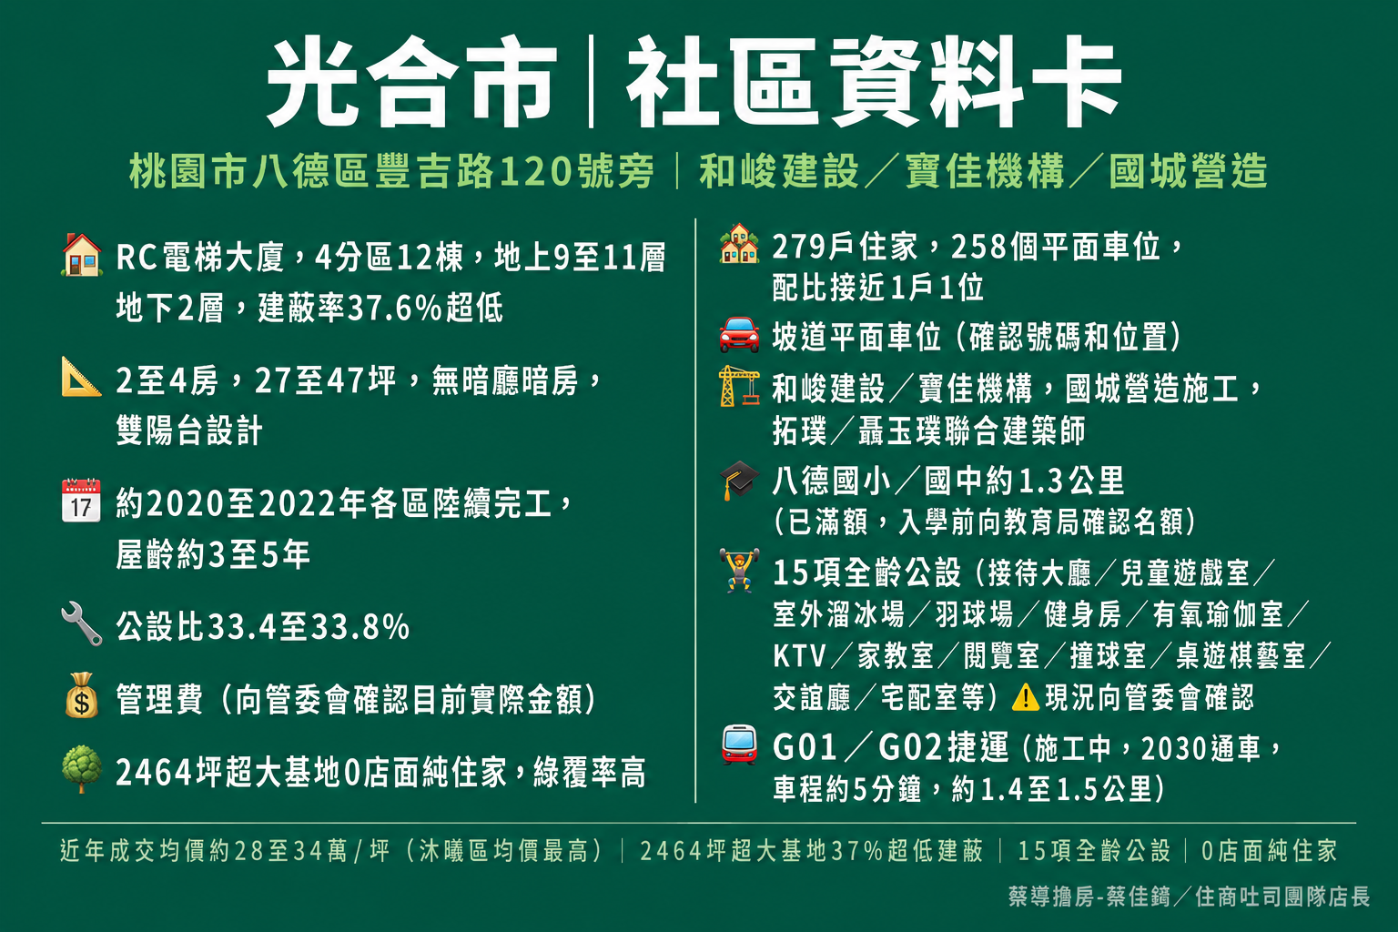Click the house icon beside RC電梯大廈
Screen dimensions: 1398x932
82,255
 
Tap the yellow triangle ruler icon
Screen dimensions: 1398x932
81,377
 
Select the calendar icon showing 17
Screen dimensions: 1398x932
81,500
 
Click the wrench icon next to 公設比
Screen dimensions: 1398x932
82,623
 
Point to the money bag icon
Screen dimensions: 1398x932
82,695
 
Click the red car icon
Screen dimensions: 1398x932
740,335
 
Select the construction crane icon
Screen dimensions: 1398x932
740,387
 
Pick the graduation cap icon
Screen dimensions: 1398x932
740,480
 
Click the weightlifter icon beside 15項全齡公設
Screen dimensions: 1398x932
740,570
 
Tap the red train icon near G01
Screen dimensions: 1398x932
740,745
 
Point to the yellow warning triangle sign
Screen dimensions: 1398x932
1026,697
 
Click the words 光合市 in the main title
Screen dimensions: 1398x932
411,81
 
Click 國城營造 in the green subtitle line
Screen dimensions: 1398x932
1189,171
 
